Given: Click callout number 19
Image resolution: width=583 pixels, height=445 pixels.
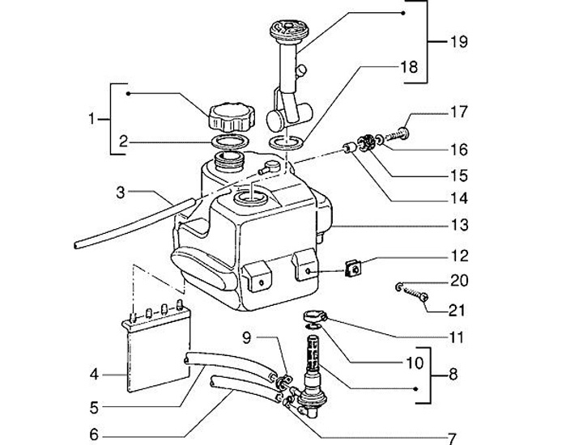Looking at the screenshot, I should pyautogui.click(x=459, y=42).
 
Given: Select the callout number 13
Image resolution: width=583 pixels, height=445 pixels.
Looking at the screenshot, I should pyautogui.click(x=460, y=226).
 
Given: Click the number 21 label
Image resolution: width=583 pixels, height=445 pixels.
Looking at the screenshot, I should pyautogui.click(x=459, y=309).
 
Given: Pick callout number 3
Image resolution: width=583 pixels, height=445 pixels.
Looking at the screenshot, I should pyautogui.click(x=121, y=193).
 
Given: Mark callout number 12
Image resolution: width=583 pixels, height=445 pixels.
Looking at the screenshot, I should pyautogui.click(x=459, y=256).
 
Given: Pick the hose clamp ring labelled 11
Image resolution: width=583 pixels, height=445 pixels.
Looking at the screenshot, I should pyautogui.click(x=317, y=316).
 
